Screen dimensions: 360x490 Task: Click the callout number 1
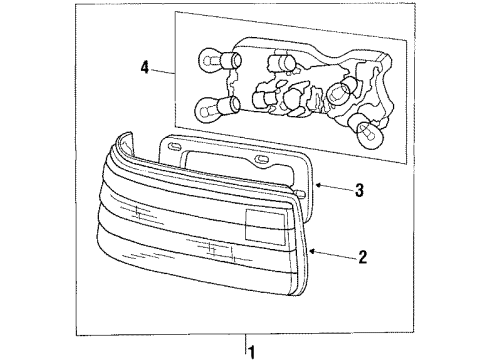pyautogui.click(x=252, y=351)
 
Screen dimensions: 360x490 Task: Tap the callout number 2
pyautogui.click(x=362, y=257)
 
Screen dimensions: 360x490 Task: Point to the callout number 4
pyautogui.click(x=146, y=69)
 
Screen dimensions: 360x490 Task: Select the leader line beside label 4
pyautogui.click(x=166, y=72)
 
